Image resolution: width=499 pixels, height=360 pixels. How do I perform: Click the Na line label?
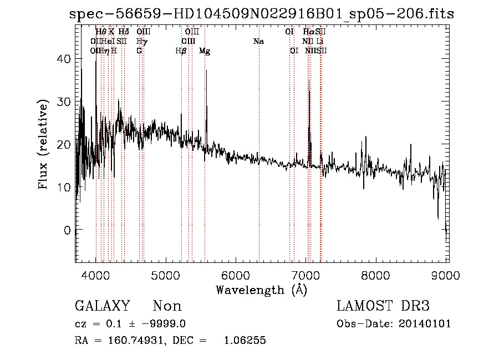point(258,42)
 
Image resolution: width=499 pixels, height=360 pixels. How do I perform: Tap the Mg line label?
point(205,51)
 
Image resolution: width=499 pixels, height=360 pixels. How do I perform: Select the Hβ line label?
point(181,51)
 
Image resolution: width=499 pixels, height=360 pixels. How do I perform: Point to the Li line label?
point(320,42)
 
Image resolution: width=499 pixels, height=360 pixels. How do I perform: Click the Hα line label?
point(308,32)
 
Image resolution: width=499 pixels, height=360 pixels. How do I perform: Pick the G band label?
point(140,51)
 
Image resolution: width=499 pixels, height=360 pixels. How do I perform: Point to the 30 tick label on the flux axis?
point(66,102)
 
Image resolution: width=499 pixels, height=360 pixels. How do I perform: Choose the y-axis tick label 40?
point(66,59)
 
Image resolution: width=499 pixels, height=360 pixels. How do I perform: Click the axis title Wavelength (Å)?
point(261,290)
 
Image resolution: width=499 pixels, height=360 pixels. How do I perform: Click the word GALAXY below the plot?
point(103,306)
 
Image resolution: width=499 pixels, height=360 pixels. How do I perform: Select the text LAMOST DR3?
point(383,306)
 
